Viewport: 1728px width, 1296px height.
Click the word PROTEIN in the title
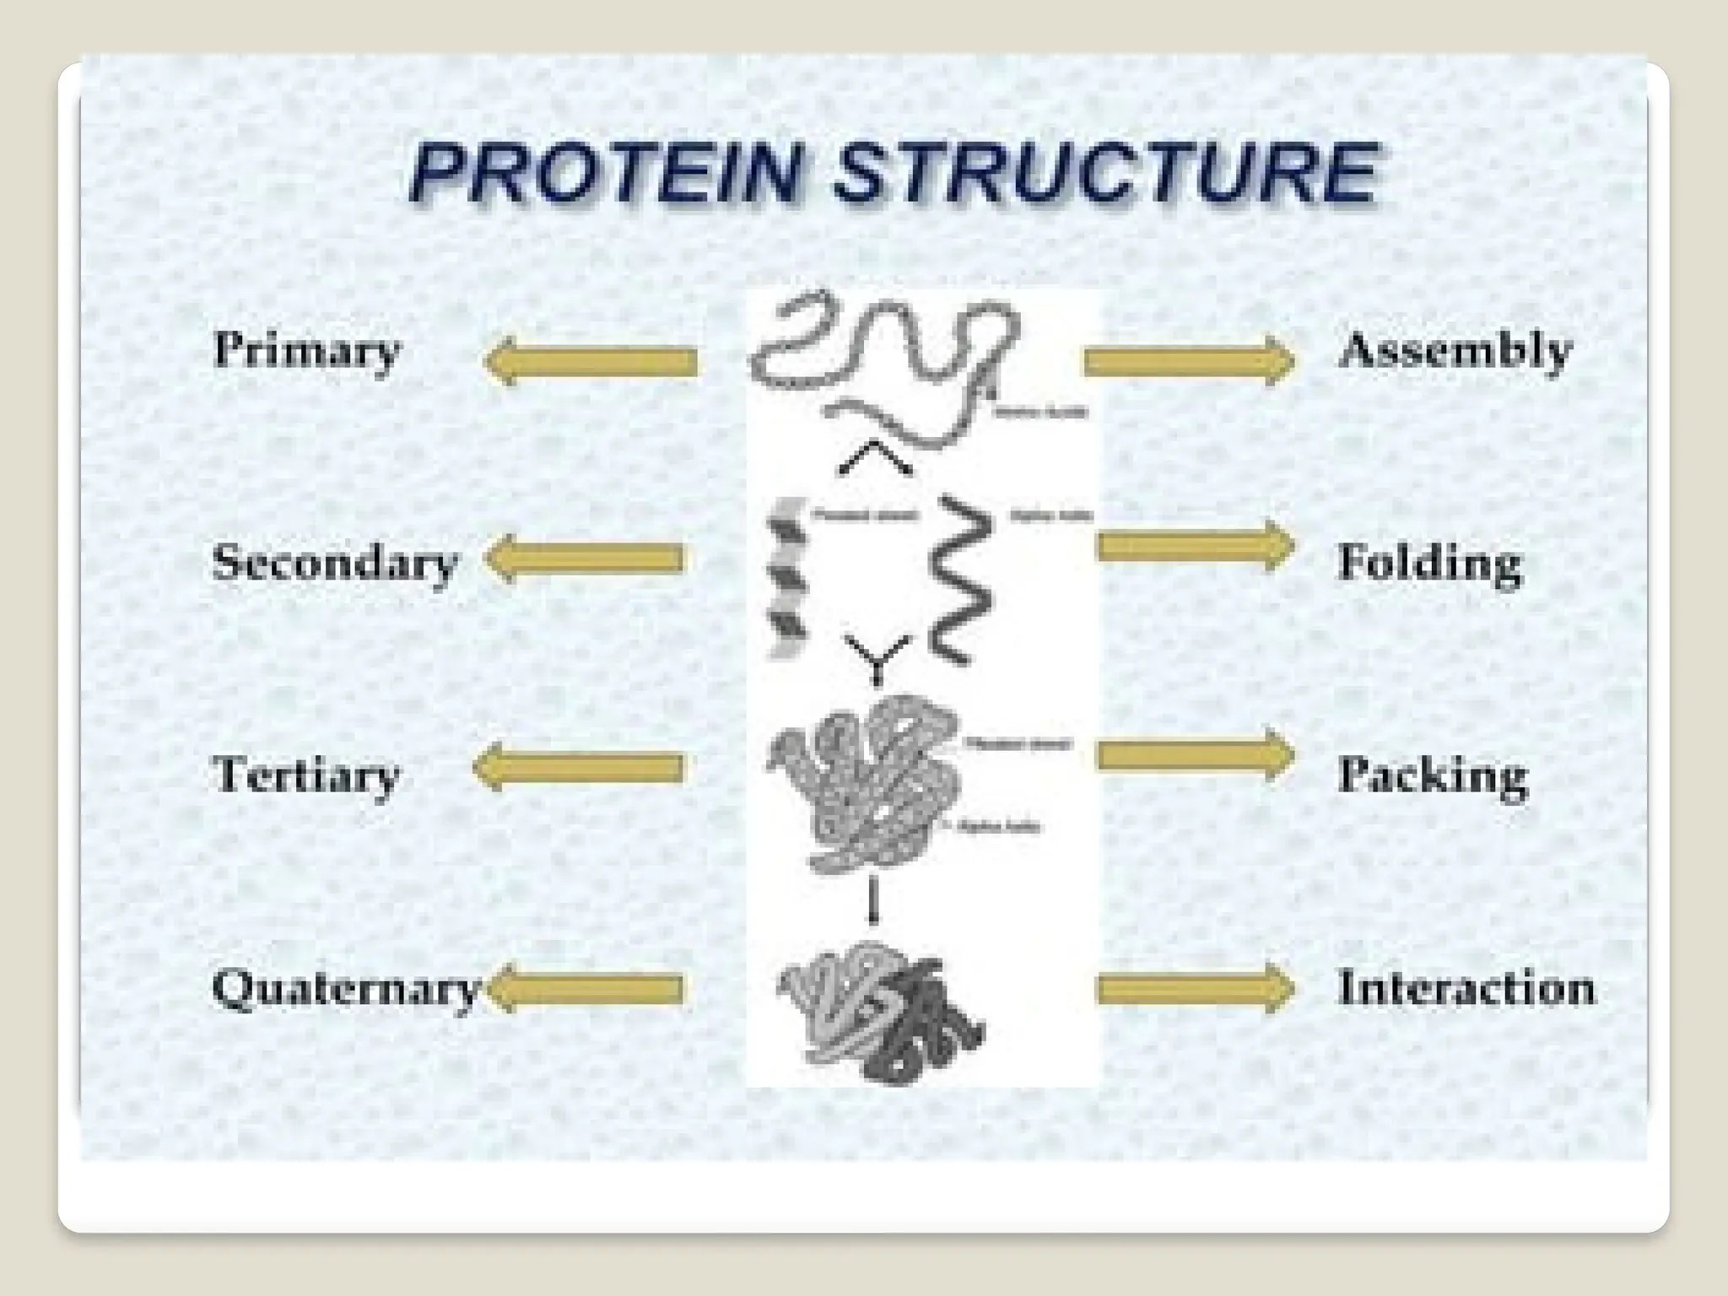click(x=604, y=175)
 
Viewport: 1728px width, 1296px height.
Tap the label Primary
click(x=306, y=349)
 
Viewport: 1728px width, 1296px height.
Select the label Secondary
click(x=335, y=563)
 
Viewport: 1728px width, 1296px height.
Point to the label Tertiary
click(x=305, y=775)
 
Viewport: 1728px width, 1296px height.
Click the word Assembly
click(x=1455, y=351)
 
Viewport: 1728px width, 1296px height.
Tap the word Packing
click(x=1433, y=775)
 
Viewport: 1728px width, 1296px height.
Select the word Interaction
click(x=1466, y=988)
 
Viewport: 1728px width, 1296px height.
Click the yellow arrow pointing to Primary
click(x=591, y=362)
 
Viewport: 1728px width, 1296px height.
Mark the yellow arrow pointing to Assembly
click(x=1188, y=361)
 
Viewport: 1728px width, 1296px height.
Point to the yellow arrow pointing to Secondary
click(x=585, y=558)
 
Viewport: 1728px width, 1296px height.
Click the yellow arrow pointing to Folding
click(x=1195, y=547)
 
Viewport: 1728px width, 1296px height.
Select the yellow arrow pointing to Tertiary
click(x=579, y=767)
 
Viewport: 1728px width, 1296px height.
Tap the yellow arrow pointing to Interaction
click(x=1195, y=988)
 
